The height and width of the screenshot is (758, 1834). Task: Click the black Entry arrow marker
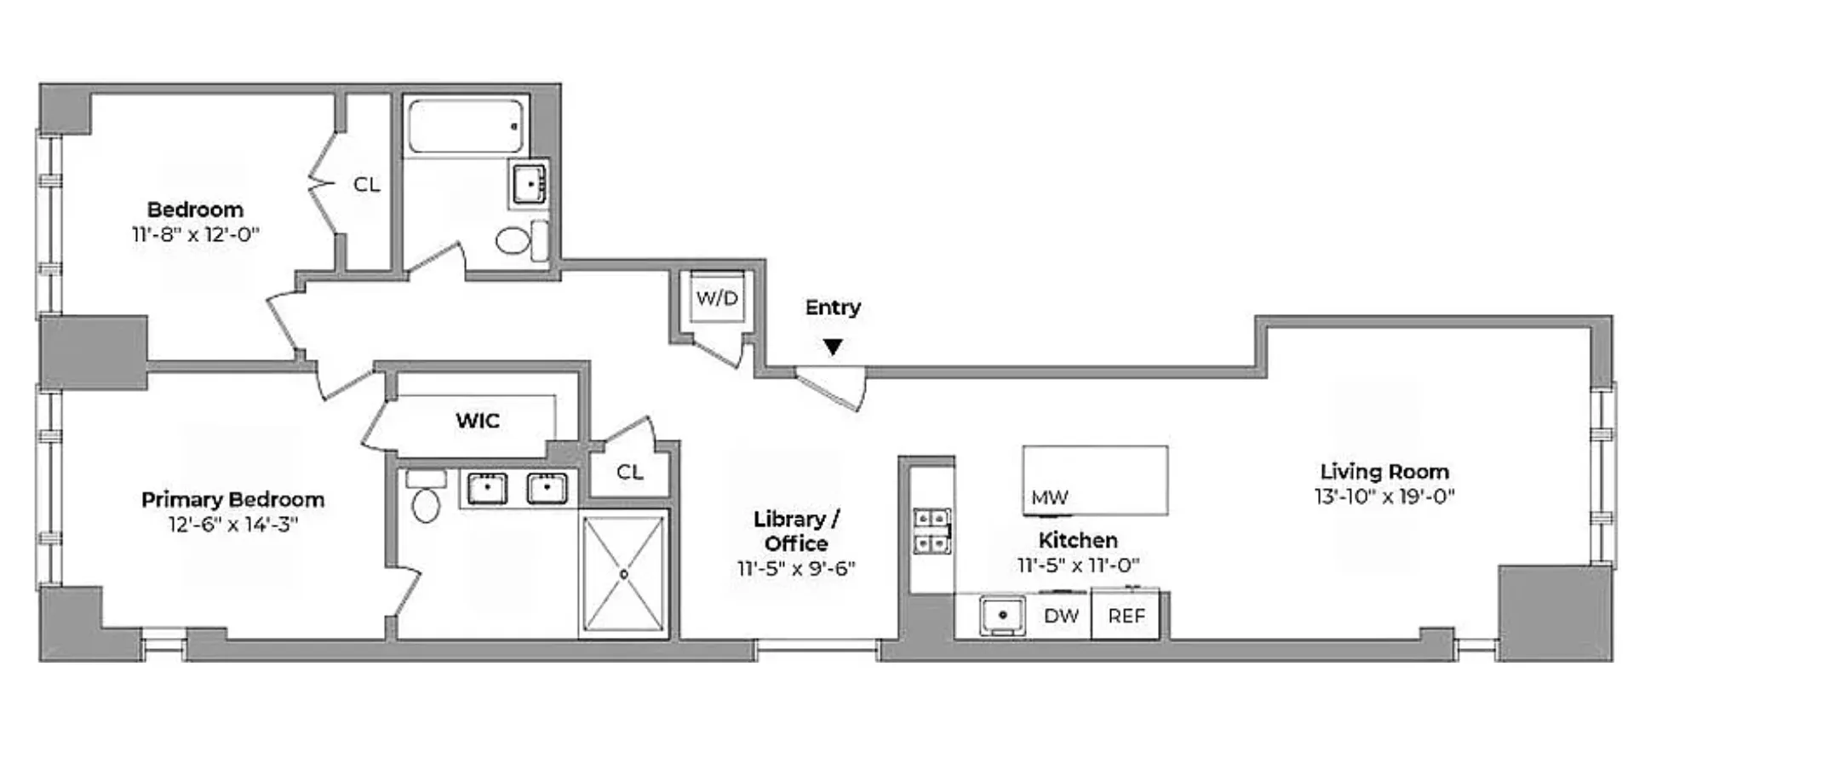[834, 347]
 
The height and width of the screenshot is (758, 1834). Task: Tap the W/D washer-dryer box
[717, 298]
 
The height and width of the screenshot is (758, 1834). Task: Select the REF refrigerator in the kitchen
[1126, 615]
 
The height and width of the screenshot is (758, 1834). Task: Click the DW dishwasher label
[1061, 615]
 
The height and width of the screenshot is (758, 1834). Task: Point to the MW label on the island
[1049, 497]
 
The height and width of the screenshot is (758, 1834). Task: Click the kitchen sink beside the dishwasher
[1002, 615]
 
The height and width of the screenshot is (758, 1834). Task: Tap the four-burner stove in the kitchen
[931, 531]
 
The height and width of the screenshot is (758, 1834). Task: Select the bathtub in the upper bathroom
[466, 126]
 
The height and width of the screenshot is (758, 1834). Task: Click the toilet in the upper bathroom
[513, 240]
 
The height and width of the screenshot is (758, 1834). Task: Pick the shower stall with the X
[624, 574]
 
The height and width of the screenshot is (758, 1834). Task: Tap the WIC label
[477, 420]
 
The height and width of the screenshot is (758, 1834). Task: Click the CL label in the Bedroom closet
[366, 185]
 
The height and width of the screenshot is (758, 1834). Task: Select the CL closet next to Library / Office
[629, 472]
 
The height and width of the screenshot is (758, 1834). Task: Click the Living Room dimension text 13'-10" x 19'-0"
[1384, 497]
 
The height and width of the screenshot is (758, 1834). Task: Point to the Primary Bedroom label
[232, 499]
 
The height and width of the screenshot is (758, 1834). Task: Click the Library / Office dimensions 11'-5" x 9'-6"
[796, 568]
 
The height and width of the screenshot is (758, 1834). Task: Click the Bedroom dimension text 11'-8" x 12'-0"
[195, 235]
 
